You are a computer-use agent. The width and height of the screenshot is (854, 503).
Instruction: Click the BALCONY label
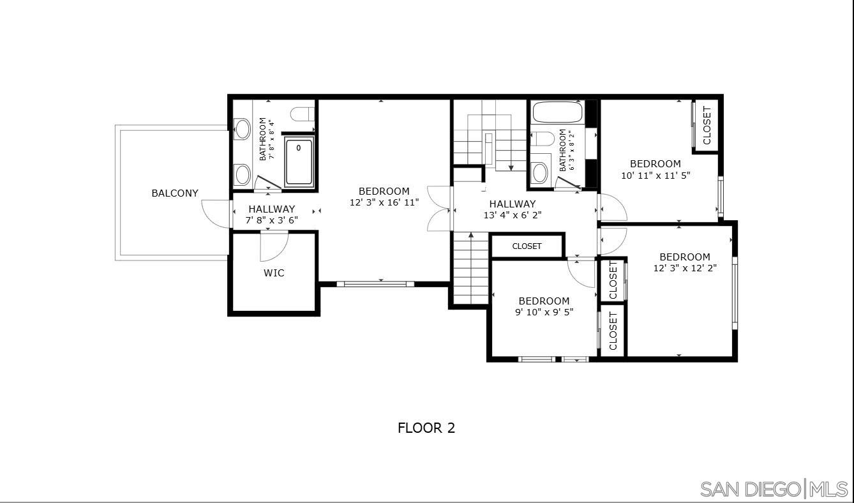point(174,193)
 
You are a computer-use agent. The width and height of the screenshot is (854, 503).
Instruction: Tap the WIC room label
point(274,273)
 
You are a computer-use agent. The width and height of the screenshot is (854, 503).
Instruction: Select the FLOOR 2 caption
point(426,428)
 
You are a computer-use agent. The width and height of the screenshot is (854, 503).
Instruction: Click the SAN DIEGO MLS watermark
point(774,489)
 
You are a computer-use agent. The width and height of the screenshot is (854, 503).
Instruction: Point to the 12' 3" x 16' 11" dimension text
point(384,202)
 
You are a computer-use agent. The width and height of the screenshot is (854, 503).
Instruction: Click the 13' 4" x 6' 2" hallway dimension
point(513,215)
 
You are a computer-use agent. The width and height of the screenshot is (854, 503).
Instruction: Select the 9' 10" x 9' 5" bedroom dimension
point(544,312)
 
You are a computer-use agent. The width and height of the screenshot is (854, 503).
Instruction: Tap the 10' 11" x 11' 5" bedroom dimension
point(655,175)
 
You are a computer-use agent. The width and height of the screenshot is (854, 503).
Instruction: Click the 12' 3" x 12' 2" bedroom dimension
point(685,268)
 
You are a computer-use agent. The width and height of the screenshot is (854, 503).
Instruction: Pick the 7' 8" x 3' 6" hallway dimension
point(272,220)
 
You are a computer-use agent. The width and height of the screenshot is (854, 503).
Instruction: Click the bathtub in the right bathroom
point(557,113)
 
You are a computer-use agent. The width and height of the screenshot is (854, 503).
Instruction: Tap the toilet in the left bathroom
point(303,114)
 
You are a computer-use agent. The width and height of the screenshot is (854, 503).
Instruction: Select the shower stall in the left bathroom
point(299,162)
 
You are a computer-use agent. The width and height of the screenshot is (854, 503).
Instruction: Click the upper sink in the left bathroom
point(242,128)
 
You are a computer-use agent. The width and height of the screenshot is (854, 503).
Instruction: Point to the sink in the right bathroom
point(539,172)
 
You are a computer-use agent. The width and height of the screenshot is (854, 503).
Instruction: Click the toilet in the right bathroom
point(543,139)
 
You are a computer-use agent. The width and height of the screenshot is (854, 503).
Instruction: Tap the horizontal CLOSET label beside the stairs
point(527,246)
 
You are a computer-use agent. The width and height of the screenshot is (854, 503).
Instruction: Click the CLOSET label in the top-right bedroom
point(707,125)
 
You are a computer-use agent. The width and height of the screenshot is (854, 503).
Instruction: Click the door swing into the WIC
point(274,247)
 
